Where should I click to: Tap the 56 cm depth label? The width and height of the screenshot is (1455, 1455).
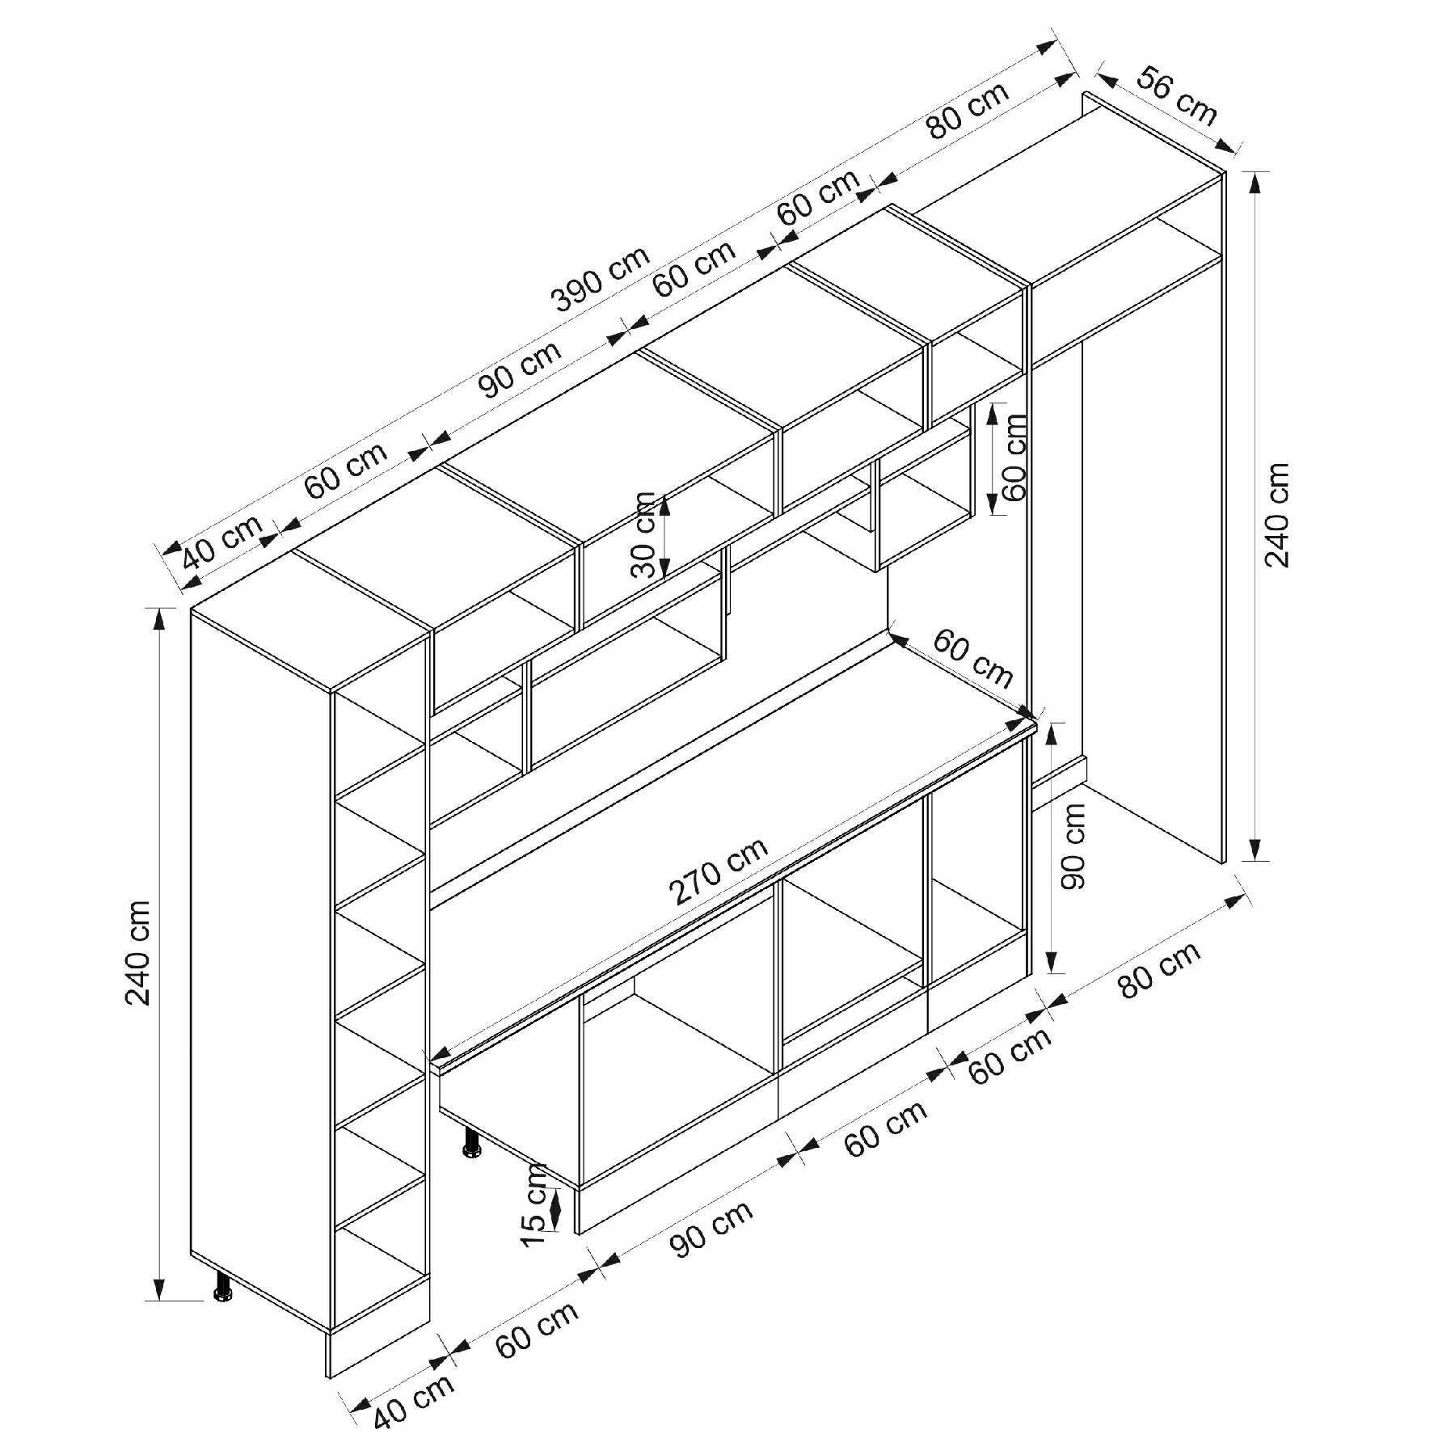coord(1176,97)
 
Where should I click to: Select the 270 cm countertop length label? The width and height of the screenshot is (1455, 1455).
coord(718,872)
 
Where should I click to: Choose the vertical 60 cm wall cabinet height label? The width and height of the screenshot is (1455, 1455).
coord(1014,458)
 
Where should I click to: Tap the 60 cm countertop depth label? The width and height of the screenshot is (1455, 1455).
coord(972,658)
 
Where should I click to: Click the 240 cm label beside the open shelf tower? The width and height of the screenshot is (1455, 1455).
coord(138,952)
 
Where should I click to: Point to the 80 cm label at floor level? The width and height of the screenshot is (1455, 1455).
coord(1159,968)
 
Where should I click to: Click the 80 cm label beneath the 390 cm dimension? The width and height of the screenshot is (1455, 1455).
coord(968,111)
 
